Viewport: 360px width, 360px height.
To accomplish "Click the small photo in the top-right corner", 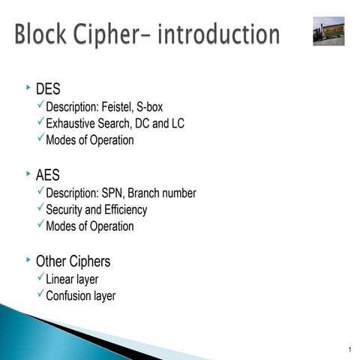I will click(328, 31).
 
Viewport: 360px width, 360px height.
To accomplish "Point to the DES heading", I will click(48, 91).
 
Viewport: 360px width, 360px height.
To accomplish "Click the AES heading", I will click(47, 176).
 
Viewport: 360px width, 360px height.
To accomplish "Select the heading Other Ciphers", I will click(73, 262).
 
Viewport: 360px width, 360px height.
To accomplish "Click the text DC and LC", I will click(159, 124).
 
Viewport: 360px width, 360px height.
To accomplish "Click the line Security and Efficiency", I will click(96, 210).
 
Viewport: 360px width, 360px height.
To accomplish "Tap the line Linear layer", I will click(72, 280).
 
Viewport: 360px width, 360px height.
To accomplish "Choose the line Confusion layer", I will click(80, 296).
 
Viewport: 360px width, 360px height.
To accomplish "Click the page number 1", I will click(350, 350).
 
